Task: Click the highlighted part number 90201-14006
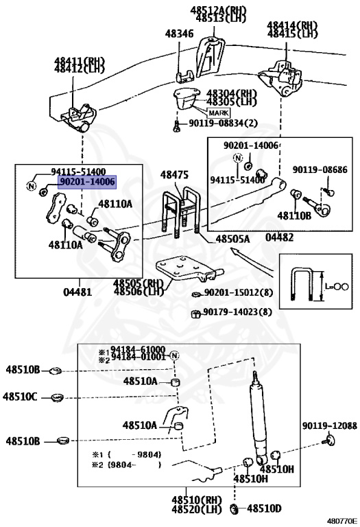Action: (x=86, y=182)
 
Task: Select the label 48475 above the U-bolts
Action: (x=174, y=176)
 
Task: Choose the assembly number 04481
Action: (x=77, y=292)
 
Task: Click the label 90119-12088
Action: (x=329, y=426)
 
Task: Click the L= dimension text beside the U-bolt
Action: (x=336, y=287)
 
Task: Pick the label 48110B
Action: (x=294, y=215)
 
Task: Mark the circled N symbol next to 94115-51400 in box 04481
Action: (x=31, y=185)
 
